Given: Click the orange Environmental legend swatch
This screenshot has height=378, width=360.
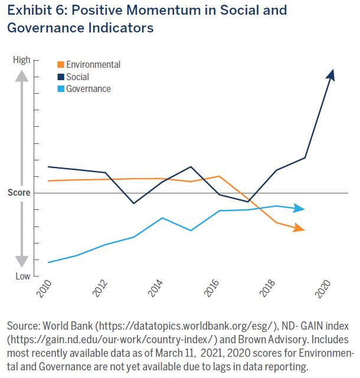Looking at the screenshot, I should tap(61, 65).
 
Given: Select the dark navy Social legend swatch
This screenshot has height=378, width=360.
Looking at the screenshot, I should tap(61, 77).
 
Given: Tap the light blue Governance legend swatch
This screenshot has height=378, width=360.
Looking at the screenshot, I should tap(61, 89).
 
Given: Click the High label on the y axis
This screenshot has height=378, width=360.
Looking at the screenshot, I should tap(21, 60).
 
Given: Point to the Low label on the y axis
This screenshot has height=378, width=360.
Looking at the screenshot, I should tap(22, 276).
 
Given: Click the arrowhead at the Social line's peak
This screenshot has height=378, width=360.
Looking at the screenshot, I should tap(332, 74).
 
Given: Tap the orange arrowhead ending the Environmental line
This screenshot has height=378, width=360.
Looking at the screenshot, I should tap(300, 228).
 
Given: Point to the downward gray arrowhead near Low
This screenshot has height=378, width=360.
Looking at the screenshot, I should tap(21, 261).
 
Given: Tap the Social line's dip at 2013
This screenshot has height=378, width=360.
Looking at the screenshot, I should tap(134, 203).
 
